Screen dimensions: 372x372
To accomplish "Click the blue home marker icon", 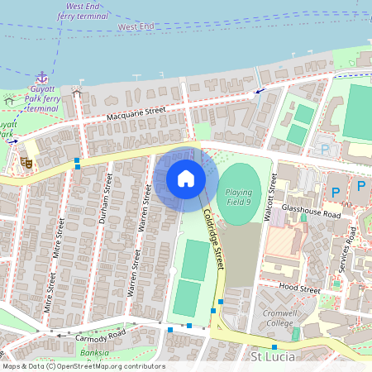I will click(x=185, y=178).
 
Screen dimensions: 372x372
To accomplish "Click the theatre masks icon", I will click(x=26, y=163).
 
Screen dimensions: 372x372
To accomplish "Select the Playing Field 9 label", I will click(x=239, y=196).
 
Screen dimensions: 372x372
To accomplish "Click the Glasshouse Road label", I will click(x=311, y=212).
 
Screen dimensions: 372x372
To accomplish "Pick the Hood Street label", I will click(x=298, y=290).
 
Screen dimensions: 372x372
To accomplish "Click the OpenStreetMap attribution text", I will click(x=83, y=365).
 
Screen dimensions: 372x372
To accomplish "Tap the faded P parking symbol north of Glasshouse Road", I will click(x=325, y=150).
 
